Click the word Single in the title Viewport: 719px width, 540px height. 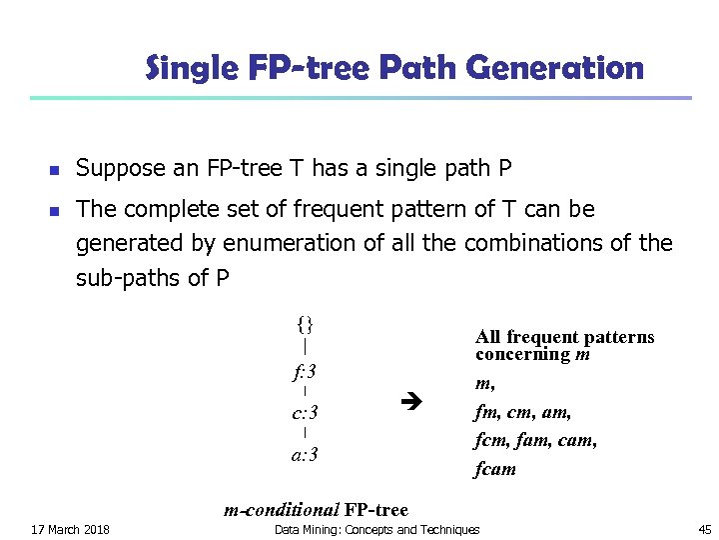[188, 69]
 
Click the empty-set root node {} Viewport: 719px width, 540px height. [306, 324]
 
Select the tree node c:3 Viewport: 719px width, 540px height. [305, 413]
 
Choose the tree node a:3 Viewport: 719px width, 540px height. [305, 455]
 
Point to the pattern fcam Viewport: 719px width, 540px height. [495, 468]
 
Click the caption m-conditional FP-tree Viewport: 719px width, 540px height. [316, 510]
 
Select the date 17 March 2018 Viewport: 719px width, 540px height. [71, 529]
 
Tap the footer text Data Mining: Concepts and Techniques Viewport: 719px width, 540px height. [376, 529]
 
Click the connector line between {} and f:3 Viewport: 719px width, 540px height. [305, 348]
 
